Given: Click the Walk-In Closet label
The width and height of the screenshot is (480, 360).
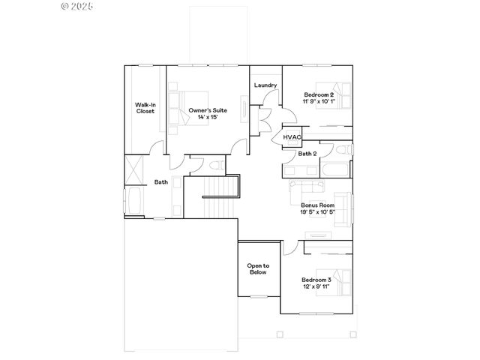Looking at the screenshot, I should coord(145,107).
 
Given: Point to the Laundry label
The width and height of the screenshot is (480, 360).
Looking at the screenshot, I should coord(265,85).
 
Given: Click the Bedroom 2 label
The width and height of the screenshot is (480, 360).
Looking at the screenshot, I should coord(319,94).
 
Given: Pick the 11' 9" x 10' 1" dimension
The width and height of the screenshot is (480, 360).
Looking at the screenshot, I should coord(319,100).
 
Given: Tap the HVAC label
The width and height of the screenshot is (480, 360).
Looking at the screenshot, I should coord(292,137).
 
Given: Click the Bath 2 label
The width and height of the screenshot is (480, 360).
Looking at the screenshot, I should coord(307,154).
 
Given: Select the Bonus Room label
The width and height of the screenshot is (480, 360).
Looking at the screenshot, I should coord(316,205).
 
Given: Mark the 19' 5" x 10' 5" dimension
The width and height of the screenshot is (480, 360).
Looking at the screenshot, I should coord(317,211).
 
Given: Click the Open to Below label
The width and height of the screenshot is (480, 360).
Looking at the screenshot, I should coord(258,269).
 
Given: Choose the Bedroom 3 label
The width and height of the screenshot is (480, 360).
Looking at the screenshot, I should coord(316,280).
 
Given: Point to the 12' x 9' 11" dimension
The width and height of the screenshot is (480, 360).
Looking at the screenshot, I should coord(316,286).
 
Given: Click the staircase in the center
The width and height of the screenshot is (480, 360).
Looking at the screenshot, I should coord(220,197).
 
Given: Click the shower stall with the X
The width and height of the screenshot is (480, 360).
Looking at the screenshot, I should coord(134,168).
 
